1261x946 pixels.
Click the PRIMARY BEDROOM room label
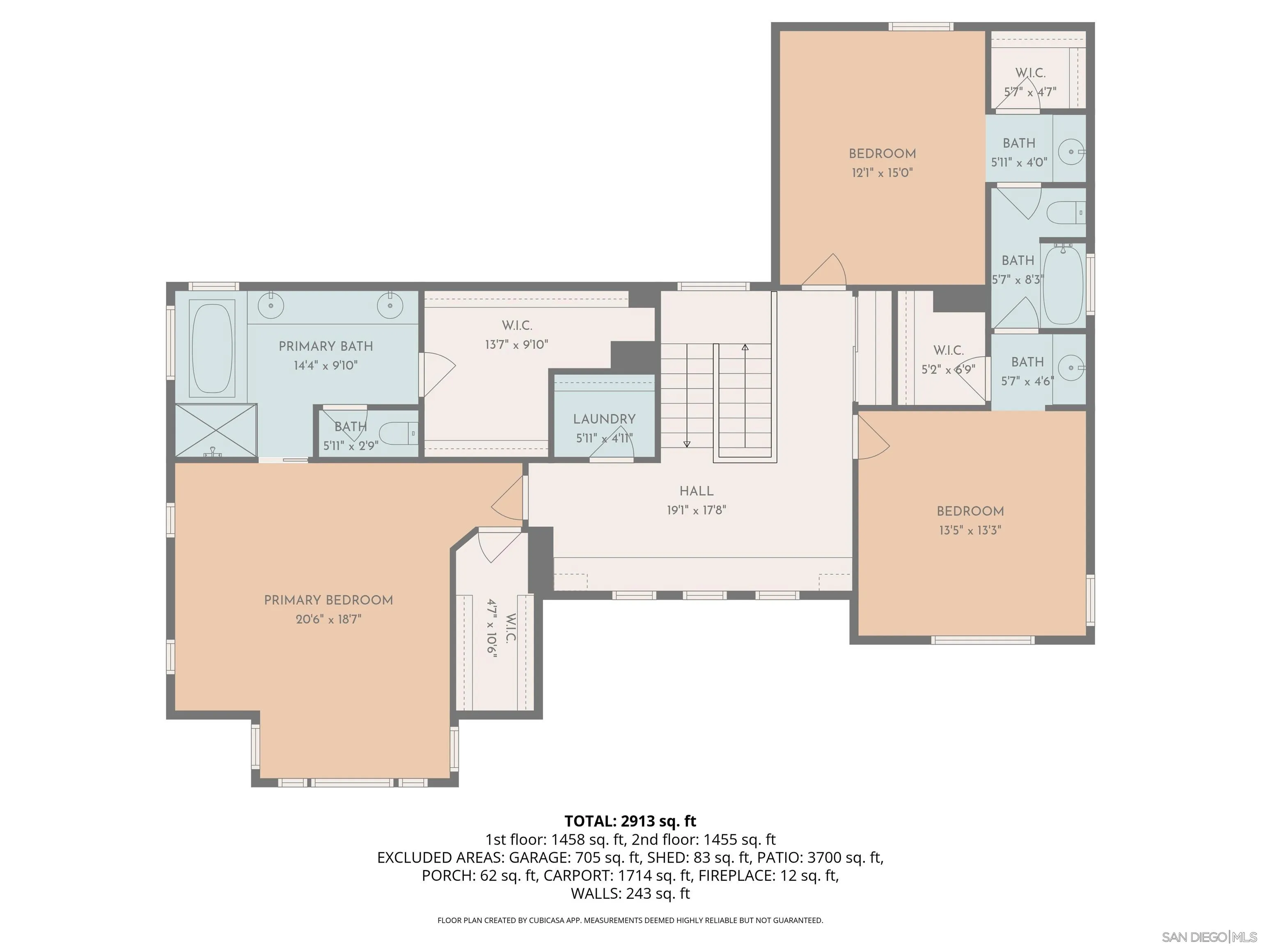point(328,600)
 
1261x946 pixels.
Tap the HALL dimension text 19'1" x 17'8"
point(696,510)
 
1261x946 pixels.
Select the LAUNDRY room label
point(604,419)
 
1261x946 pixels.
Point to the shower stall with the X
point(216,430)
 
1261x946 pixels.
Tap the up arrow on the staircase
point(745,347)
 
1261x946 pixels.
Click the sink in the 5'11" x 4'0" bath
point(1071,152)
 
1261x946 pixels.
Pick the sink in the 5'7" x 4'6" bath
point(1072,368)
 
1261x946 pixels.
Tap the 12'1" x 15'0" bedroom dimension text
point(882,172)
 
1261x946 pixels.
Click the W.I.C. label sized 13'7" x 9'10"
point(516,326)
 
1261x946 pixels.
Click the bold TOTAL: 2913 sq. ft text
point(630,821)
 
